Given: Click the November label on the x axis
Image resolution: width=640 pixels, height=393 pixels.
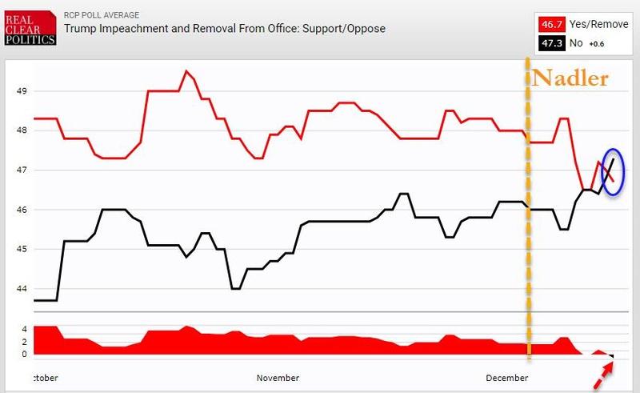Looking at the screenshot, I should pyautogui.click(x=278, y=378).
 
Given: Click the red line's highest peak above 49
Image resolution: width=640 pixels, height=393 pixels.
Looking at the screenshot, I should pyautogui.click(x=186, y=71).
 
